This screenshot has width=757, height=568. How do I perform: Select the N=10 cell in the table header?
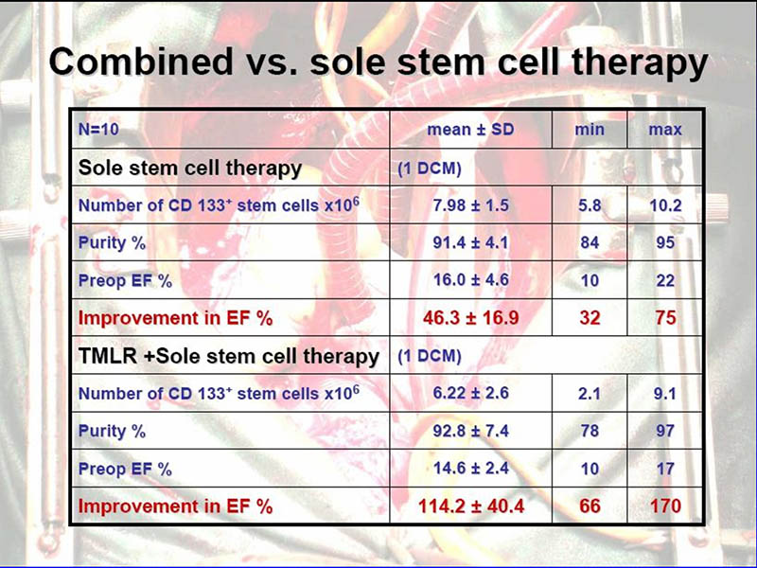pos(97,130)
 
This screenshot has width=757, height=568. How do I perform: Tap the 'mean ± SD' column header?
pos(470,130)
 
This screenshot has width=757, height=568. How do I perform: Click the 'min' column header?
pos(590,130)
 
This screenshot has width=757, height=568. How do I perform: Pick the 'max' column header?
pos(665,130)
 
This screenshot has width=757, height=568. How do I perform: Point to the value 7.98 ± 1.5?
pos(470,204)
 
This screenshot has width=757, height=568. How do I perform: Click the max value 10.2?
pos(665,204)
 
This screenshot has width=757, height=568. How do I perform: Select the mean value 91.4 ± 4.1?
pos(470,242)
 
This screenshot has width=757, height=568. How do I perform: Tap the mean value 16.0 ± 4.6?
pos(470,280)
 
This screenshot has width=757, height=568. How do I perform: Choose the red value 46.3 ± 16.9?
pos(470,318)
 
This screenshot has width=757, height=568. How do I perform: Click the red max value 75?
pos(665,318)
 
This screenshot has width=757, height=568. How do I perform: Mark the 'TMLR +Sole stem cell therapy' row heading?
pos(229,356)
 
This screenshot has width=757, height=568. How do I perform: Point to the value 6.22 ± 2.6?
pos(470,393)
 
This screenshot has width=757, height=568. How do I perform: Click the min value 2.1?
pos(590,393)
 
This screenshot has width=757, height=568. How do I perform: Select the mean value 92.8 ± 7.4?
pos(470,431)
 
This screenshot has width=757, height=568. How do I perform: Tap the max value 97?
pos(665,431)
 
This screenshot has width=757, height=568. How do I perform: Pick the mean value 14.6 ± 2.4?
pos(470,469)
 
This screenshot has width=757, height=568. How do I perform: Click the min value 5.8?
pos(590,204)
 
